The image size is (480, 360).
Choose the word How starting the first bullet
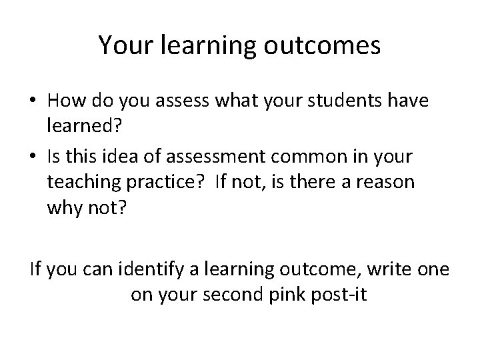point(65,101)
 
